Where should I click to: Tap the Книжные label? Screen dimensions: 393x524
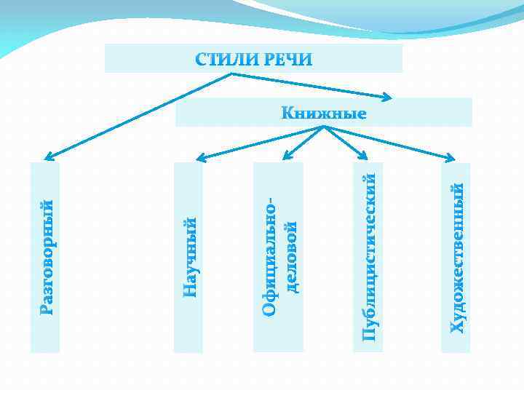point(324,114)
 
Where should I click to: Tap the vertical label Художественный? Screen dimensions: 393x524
point(457,258)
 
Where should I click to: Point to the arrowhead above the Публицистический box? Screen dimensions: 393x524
point(366,156)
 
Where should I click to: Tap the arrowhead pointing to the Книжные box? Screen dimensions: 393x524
point(388,96)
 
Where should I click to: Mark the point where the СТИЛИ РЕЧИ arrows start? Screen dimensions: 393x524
point(231,74)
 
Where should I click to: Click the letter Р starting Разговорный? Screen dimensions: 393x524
point(46,310)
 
